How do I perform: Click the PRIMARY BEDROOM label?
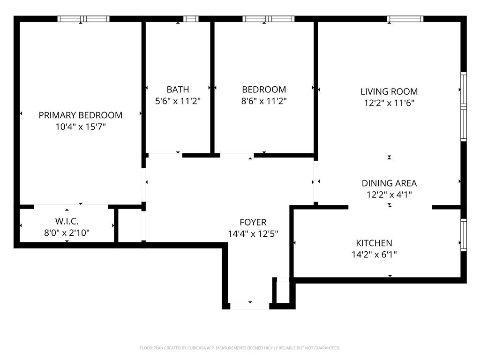point(80,115)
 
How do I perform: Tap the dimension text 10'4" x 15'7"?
point(80,127)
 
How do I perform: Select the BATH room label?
point(178,89)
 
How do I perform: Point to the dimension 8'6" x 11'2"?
point(264,101)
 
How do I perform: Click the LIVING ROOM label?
point(389,91)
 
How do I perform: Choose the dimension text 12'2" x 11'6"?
point(389,103)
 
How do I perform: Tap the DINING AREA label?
point(389,183)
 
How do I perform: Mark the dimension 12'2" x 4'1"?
point(389,195)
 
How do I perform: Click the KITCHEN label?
point(374,243)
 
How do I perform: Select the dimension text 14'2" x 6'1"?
point(374,255)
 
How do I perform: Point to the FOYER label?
point(253,222)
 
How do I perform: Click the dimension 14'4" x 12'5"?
point(253,234)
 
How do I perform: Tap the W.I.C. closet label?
point(67,220)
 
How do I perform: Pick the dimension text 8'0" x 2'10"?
point(67,232)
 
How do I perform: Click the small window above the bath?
point(190,19)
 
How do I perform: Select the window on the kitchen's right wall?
point(463,235)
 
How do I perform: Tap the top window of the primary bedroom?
point(83,19)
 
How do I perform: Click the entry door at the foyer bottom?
point(249,306)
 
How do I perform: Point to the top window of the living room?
point(405,19)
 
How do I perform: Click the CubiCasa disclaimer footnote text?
point(240,348)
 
